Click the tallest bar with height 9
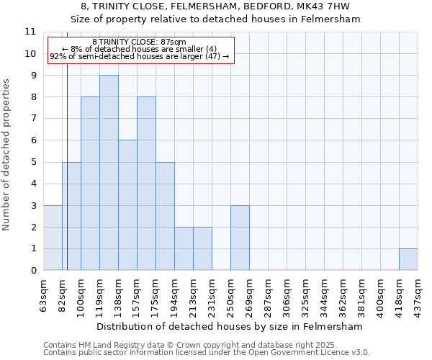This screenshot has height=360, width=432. point(109,173)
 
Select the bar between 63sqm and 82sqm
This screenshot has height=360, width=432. point(53,238)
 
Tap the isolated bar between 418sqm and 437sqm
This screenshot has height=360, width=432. point(408,259)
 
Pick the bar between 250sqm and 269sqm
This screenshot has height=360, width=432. point(240,238)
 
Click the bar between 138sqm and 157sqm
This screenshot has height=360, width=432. point(127,205)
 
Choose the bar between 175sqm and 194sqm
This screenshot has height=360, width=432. point(165,216)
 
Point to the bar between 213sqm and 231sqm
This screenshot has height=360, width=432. point(202,248)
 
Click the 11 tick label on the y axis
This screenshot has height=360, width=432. point(30,32)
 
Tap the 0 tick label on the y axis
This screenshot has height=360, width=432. point(33,271)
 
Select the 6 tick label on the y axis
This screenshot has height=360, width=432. point(33,140)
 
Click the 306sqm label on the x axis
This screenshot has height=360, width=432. point(287,292)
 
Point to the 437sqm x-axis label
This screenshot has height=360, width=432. point(418,292)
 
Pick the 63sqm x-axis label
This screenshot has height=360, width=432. point(44,292)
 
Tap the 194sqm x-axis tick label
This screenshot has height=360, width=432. point(175,292)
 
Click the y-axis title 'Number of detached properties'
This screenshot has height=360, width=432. point(7,155)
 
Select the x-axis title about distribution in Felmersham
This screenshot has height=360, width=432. point(230,327)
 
